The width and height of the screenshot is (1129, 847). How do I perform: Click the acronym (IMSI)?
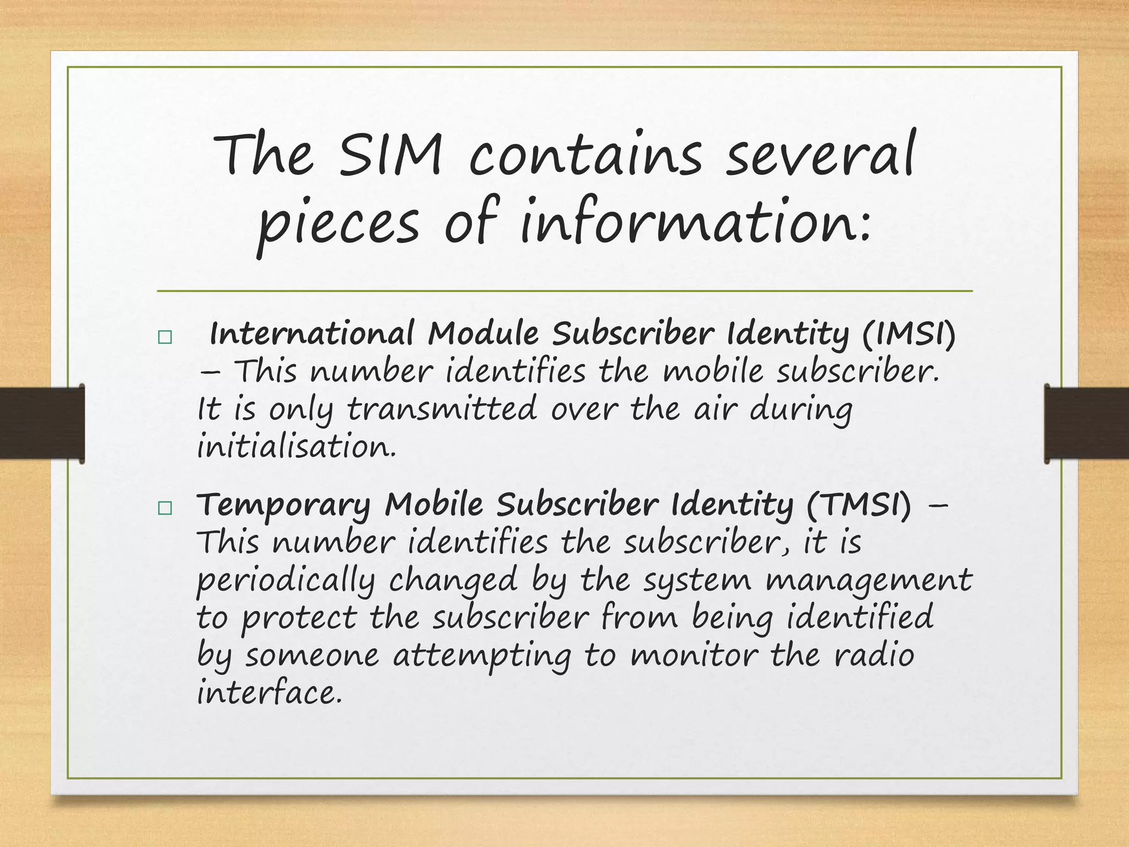coord(908,334)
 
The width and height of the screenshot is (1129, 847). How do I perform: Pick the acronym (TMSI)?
coord(858,505)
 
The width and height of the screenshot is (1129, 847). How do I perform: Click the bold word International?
coord(312,334)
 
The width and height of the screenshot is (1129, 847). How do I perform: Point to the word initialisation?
coord(297,446)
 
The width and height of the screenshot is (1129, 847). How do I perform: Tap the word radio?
coord(874,655)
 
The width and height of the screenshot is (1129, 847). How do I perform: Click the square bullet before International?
coord(164,337)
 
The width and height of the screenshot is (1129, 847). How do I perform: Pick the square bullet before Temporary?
coord(164,508)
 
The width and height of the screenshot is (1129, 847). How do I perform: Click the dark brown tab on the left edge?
coord(42,423)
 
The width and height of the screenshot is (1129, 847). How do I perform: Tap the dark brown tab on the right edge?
coord(1087,423)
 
